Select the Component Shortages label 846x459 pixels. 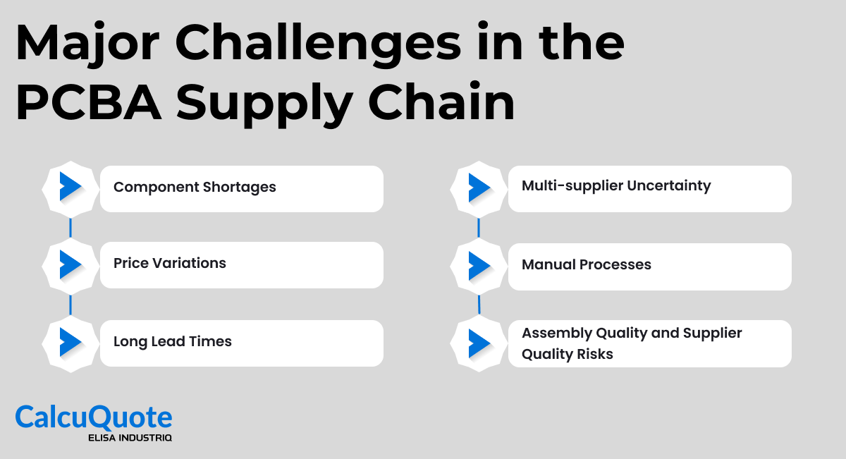point(195,187)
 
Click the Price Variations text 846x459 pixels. point(170,263)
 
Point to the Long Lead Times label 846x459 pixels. point(173,341)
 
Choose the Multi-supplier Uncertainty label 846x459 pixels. point(616,185)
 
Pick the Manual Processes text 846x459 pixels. point(587,264)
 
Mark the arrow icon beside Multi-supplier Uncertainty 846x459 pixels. point(479,188)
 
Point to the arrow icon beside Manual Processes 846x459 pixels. point(479,265)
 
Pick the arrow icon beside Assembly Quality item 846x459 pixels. point(479,343)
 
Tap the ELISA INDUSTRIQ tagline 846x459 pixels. point(130,438)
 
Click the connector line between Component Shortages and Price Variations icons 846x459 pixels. point(70,227)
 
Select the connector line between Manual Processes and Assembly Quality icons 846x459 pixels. point(479,304)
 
